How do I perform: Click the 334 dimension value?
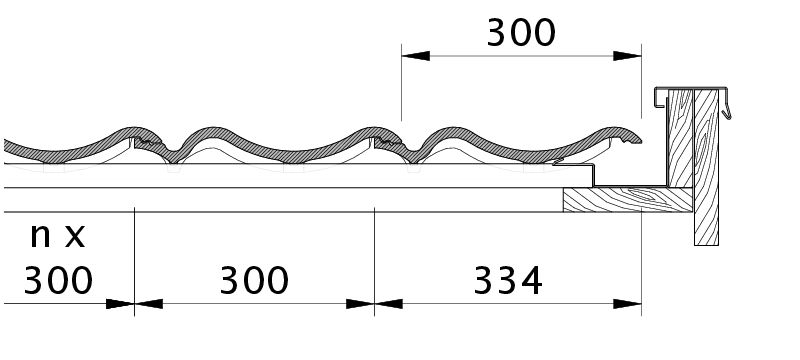pos(508,281)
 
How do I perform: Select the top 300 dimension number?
pos(521,33)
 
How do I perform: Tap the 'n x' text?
pos(57,235)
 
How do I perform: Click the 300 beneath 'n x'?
pos(58,281)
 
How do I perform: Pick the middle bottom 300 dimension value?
pos(254,281)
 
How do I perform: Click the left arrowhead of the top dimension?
pos(416,56)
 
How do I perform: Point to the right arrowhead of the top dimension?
pos(627,56)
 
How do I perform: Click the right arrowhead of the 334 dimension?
pos(627,304)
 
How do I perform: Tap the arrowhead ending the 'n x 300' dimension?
pos(120,304)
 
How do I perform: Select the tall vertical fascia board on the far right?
pos(706,167)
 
